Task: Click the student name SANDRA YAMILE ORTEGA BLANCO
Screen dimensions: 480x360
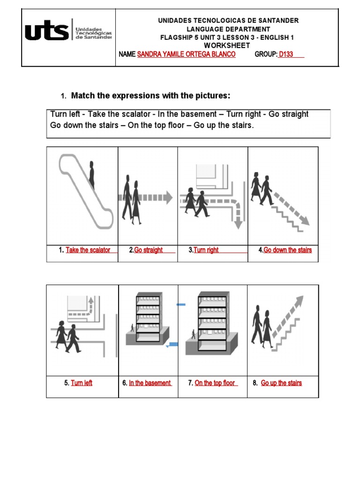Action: click(186, 54)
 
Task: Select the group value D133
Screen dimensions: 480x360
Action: click(285, 54)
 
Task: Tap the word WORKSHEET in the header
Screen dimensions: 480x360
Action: click(227, 45)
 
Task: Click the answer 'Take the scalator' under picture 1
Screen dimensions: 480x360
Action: click(88, 250)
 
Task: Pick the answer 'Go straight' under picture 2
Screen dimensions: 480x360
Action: click(149, 250)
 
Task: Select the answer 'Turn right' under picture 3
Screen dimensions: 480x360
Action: click(206, 250)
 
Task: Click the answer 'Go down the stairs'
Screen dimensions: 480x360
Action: click(287, 250)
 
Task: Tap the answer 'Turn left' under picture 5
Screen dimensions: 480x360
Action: click(82, 383)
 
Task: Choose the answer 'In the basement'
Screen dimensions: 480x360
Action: click(150, 383)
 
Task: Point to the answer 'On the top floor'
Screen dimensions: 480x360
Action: click(215, 383)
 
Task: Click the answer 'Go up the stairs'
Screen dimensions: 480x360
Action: click(281, 383)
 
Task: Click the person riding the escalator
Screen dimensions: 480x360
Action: click(92, 177)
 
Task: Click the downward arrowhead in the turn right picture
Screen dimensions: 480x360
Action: click(238, 224)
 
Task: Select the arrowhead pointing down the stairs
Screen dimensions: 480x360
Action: click(305, 220)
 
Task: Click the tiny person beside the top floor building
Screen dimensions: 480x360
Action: click(193, 334)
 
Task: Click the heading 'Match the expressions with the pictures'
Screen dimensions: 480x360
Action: click(150, 96)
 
